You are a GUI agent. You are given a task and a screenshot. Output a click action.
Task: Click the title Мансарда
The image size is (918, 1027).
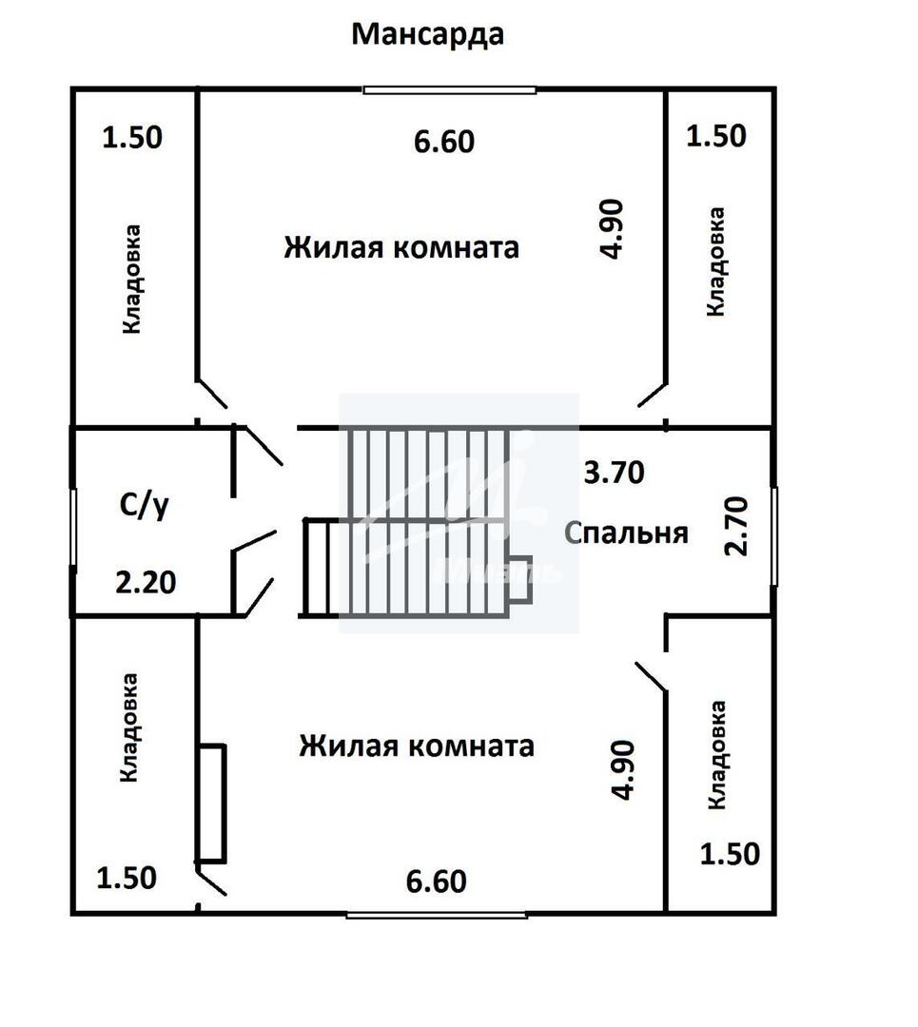[427, 35]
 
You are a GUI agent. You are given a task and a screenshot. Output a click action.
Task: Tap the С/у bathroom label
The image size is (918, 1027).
[145, 505]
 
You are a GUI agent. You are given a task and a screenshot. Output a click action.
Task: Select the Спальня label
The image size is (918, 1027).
[626, 533]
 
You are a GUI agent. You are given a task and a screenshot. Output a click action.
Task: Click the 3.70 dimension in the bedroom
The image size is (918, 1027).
[614, 473]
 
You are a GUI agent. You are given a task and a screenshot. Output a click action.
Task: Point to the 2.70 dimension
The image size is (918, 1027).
[736, 526]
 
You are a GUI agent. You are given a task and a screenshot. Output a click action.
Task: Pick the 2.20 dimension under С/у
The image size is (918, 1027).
[146, 582]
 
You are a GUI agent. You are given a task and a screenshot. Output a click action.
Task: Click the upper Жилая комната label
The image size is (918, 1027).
[401, 247]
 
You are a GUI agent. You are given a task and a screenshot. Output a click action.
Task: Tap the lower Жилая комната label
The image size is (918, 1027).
[416, 746]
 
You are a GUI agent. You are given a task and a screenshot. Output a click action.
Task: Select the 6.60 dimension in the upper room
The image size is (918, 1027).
[443, 142]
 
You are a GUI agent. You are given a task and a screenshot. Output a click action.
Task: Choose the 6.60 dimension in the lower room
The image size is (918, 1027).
[436, 882]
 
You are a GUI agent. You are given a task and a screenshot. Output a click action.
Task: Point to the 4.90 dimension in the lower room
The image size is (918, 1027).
[622, 769]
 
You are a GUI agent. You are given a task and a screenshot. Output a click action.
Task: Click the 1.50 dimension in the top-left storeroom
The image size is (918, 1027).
[131, 138]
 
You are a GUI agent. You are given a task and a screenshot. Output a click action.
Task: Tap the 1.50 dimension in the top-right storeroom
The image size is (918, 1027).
[715, 136]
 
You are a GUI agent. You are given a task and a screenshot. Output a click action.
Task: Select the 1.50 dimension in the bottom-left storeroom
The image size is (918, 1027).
[126, 879]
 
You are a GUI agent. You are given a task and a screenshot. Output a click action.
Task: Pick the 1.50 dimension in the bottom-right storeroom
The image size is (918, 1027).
[730, 854]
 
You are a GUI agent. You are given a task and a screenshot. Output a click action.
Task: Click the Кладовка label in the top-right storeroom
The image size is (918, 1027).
[715, 262]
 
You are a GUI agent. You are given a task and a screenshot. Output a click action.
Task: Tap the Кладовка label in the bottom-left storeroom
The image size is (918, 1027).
[128, 727]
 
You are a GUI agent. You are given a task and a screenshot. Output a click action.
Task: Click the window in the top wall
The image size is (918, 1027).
[450, 90]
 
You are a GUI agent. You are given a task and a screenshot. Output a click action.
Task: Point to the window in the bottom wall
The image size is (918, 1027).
[437, 915]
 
